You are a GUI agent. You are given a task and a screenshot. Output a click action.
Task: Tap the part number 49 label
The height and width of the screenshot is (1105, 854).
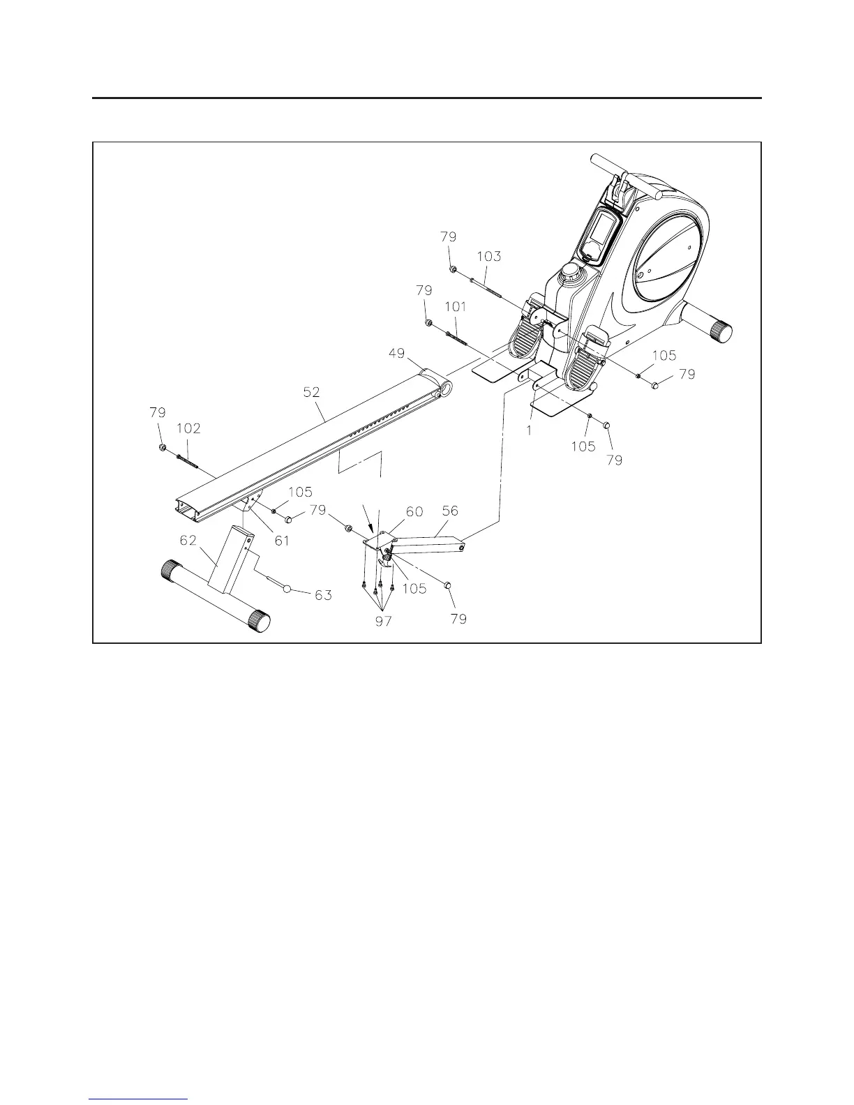396,354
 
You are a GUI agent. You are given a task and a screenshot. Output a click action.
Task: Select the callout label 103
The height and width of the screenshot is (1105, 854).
488,256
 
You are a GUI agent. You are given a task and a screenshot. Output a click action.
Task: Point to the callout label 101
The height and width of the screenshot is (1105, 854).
455,306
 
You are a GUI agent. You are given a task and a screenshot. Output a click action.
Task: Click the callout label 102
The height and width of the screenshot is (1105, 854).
188,428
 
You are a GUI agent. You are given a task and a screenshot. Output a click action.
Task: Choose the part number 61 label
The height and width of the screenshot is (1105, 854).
282,541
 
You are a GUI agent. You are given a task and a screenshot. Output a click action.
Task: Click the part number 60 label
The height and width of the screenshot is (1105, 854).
414,511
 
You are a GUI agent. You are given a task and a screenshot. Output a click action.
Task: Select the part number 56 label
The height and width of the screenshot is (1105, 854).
450,511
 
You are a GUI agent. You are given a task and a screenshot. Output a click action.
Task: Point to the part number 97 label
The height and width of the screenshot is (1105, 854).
383,620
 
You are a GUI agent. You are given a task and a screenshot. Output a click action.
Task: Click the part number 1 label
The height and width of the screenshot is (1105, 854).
530,431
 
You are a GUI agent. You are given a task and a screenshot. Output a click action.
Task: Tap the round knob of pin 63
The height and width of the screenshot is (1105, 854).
287,590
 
